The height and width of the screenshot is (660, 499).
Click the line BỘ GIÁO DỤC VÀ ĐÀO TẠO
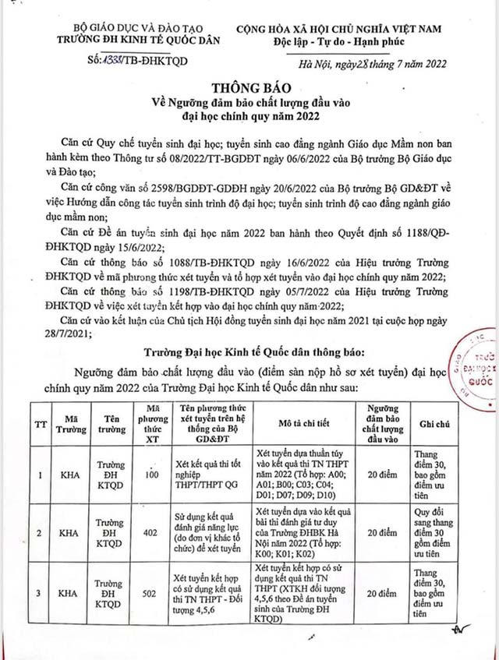pyautogui.click(x=106, y=25)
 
